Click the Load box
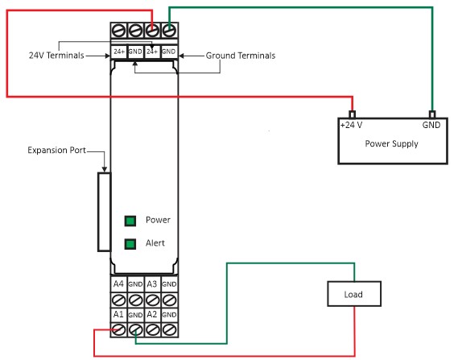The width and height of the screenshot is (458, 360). click(x=354, y=294)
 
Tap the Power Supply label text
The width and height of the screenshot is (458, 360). click(x=391, y=144)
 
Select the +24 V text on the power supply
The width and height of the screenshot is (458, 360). click(x=351, y=125)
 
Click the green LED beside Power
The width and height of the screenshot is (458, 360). click(x=130, y=221)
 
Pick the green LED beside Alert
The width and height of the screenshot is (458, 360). click(x=130, y=244)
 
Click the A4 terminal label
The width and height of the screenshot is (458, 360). click(x=118, y=283)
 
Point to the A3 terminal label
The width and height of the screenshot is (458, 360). click(x=152, y=283)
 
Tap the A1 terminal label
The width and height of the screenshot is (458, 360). click(x=118, y=314)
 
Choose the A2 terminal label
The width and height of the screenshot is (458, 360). click(x=152, y=314)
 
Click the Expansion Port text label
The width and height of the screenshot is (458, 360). click(x=56, y=150)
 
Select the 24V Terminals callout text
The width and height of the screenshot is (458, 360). click(x=56, y=56)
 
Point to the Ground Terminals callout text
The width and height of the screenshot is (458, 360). click(x=241, y=56)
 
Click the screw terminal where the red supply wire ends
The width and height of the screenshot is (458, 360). click(x=152, y=31)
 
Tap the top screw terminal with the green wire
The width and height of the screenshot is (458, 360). click(x=169, y=31)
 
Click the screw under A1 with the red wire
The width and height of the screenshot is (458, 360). click(x=118, y=330)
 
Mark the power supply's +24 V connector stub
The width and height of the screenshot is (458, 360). click(x=353, y=114)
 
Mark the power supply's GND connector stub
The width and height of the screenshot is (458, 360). click(x=432, y=114)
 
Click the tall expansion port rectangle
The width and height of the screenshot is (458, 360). click(x=105, y=212)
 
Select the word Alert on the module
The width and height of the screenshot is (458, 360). click(x=155, y=243)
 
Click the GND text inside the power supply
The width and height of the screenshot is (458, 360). click(x=431, y=125)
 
